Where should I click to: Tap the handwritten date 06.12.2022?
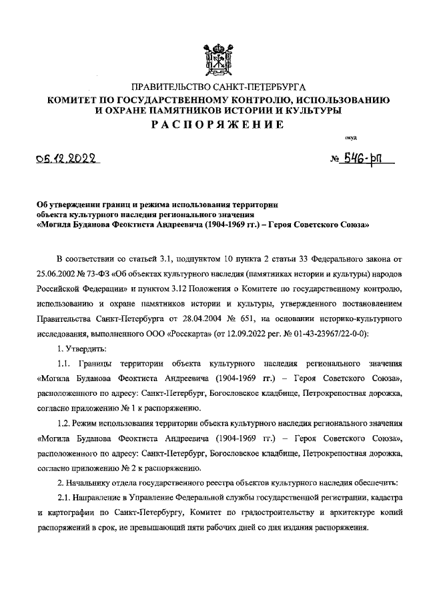tap(66, 159)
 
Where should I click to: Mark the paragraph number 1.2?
tap(65, 423)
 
